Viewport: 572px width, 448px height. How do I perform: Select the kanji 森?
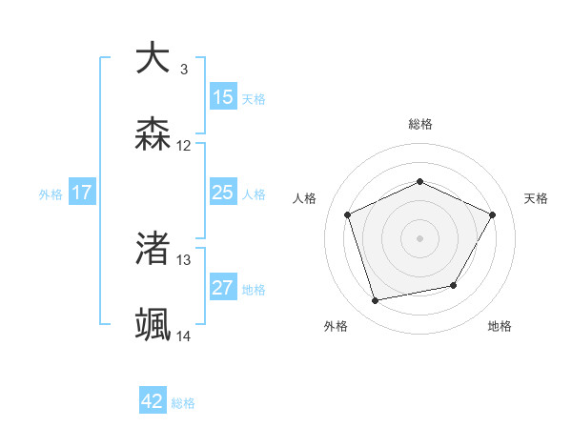(x=153, y=135)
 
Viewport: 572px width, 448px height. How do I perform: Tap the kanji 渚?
(x=153, y=249)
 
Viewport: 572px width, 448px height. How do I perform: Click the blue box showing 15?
(x=223, y=97)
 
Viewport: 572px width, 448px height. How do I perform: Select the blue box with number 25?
(x=223, y=193)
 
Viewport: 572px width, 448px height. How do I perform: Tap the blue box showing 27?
(x=223, y=289)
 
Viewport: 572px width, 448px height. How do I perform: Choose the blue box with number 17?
(x=82, y=193)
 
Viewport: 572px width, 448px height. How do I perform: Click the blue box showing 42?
(x=153, y=401)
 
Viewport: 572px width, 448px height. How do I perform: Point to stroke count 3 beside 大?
(x=184, y=69)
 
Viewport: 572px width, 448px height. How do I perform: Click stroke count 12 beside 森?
(x=184, y=146)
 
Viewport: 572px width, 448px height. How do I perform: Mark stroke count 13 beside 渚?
(x=184, y=259)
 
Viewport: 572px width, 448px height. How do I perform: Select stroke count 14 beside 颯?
(x=184, y=336)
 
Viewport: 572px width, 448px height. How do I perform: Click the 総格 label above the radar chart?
(x=420, y=124)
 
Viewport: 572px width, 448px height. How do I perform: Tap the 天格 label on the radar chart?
(x=536, y=198)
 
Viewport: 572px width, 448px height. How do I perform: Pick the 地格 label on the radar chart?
(x=500, y=326)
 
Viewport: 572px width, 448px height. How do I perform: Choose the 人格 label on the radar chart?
(x=305, y=198)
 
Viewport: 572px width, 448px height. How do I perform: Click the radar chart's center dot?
(x=420, y=237)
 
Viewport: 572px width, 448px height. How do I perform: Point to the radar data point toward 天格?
(x=493, y=214)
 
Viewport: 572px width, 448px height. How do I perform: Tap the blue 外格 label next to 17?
(x=51, y=194)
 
